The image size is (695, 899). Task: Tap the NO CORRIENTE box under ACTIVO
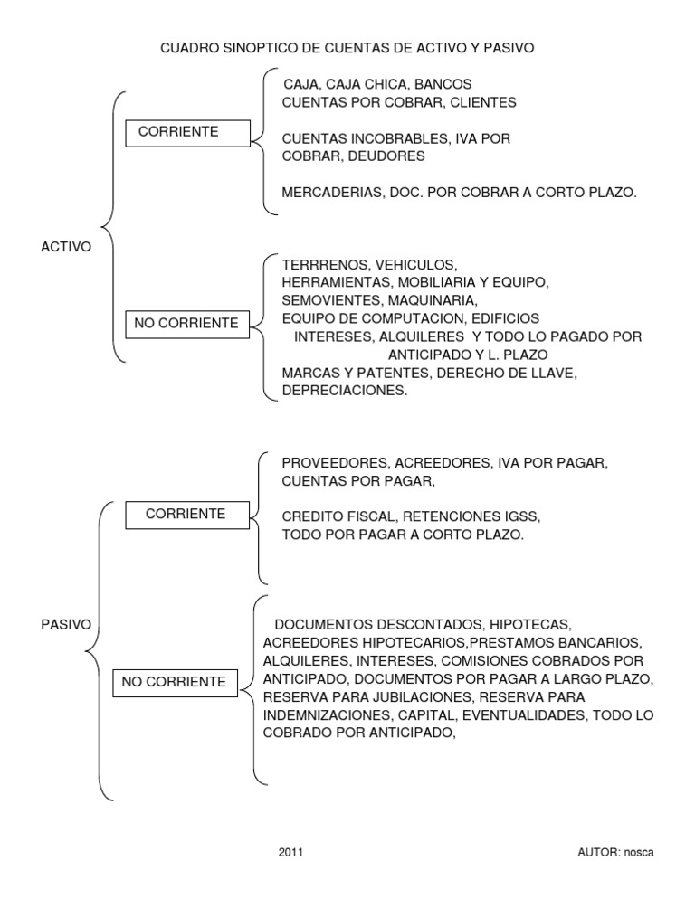(x=187, y=323)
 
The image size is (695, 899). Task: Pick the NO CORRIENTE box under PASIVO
(x=175, y=682)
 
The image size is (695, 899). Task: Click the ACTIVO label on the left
(x=66, y=246)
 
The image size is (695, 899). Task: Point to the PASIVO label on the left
(x=66, y=624)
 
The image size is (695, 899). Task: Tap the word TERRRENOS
(x=325, y=265)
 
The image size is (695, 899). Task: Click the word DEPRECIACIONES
(x=345, y=391)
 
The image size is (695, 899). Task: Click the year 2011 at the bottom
(x=291, y=853)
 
